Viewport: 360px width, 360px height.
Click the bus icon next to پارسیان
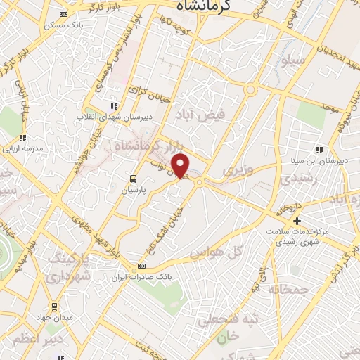[x=133, y=179]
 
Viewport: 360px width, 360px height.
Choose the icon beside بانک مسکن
[x=64, y=15]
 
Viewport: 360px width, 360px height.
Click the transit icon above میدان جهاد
[x=54, y=306]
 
